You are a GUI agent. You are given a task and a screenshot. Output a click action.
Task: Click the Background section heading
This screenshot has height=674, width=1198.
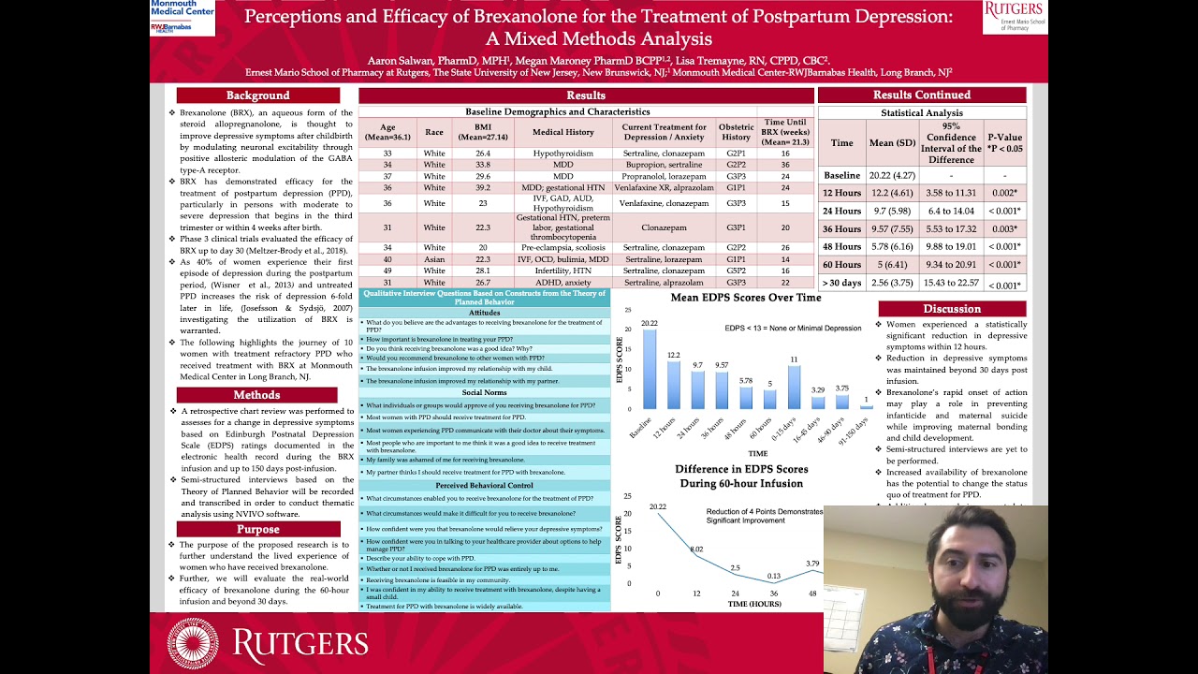click(x=257, y=95)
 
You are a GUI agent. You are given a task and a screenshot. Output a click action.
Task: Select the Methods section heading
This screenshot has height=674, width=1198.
click(x=257, y=395)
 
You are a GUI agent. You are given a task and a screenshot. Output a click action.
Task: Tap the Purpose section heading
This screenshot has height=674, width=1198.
click(x=257, y=529)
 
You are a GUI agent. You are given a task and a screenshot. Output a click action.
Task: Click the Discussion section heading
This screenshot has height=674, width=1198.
click(x=952, y=309)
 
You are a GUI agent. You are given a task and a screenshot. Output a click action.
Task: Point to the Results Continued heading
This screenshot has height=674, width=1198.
click(x=922, y=95)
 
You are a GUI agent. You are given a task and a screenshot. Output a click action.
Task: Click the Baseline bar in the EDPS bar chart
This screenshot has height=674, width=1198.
click(x=650, y=370)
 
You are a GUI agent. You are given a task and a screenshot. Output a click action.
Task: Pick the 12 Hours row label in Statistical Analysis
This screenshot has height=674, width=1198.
click(x=841, y=193)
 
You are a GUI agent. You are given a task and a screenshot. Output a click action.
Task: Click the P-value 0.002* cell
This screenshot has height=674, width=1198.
click(x=1004, y=193)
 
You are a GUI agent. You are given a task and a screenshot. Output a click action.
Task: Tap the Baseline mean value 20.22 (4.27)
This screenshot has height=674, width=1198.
click(x=892, y=175)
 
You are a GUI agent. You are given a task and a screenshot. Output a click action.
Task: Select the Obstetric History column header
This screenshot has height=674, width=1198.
click(x=736, y=132)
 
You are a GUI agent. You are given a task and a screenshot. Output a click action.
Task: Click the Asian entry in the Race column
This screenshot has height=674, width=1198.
click(x=434, y=259)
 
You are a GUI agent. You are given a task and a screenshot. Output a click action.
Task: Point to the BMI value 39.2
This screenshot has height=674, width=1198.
click(x=483, y=187)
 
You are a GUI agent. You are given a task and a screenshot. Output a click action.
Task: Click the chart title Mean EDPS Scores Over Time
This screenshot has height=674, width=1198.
click(x=746, y=298)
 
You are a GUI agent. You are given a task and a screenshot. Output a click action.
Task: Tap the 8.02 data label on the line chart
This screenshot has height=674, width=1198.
click(x=695, y=549)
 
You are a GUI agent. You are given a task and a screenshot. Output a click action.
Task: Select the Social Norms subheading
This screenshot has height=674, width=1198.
click(x=484, y=393)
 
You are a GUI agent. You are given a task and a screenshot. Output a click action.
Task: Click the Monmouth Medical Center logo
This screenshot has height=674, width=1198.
click(x=183, y=16)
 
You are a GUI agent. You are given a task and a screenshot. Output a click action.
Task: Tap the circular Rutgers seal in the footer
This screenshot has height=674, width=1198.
click(x=193, y=643)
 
